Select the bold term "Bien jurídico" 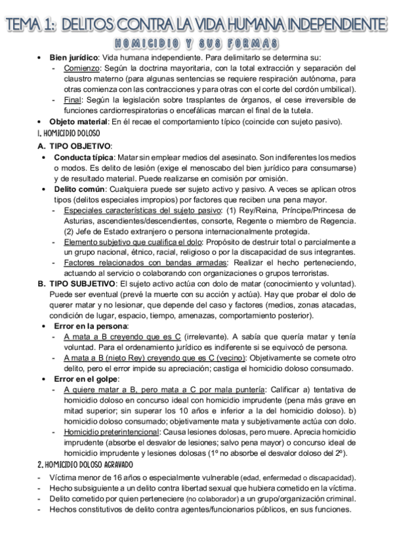74,58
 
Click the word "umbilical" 339,89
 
